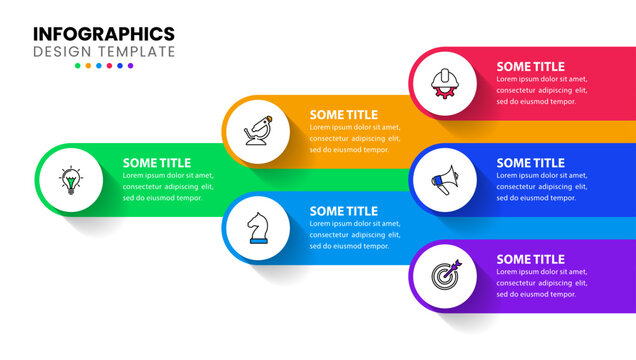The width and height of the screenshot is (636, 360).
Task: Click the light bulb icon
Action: pyautogui.click(x=70, y=180)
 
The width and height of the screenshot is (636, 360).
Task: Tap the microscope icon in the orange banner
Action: pyautogui.click(x=257, y=131)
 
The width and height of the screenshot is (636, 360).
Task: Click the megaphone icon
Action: pyautogui.click(x=443, y=180)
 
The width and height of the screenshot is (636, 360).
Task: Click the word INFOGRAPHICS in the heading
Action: pyautogui.click(x=104, y=34)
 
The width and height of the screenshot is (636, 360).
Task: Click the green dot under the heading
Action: pyautogui.click(x=78, y=66)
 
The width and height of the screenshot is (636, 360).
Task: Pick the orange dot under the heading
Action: pyautogui.click(x=88, y=66)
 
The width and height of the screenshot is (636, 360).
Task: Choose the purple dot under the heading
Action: pyautogui.click(x=130, y=66)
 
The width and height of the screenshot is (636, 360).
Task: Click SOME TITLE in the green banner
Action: pyautogui.click(x=157, y=163)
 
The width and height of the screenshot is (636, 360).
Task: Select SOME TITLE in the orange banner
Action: pyautogui.click(x=344, y=115)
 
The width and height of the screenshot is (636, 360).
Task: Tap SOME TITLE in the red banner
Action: pyautogui.click(x=531, y=67)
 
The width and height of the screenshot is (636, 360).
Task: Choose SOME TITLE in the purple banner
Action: pyautogui.click(x=531, y=260)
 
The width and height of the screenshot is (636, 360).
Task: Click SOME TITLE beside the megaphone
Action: pyautogui.click(x=531, y=163)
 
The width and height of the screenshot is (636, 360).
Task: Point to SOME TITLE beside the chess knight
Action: pyautogui.click(x=344, y=211)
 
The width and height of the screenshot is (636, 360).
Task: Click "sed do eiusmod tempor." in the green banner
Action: pyautogui.click(x=163, y=198)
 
